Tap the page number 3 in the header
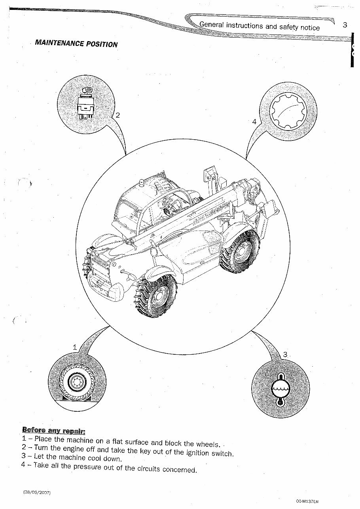345,25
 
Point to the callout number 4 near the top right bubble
254,122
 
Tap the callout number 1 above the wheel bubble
74,347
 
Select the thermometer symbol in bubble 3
280,388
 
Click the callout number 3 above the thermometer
285,354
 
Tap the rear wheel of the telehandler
240,253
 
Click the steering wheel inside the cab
166,206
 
